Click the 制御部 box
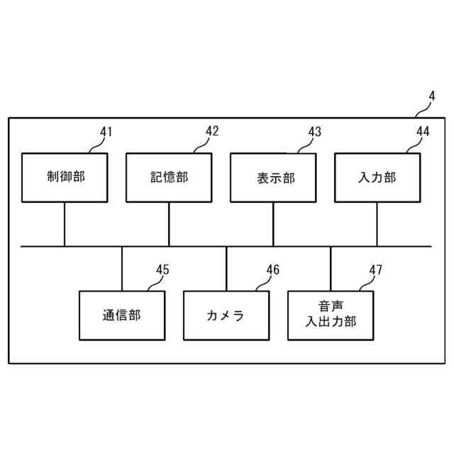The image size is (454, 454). pyautogui.click(x=65, y=177)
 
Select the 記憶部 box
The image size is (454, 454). pyautogui.click(x=169, y=177)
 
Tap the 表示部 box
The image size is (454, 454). pyautogui.click(x=273, y=177)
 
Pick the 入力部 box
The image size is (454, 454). pyautogui.click(x=377, y=177)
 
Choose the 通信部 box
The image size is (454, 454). pyautogui.click(x=121, y=315)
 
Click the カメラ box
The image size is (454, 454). pyautogui.click(x=226, y=315)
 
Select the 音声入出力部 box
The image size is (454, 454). pyautogui.click(x=331, y=315)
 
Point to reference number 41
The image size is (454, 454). pyautogui.click(x=106, y=132)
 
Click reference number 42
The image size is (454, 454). pyautogui.click(x=212, y=131)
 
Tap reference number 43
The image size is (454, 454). pyautogui.click(x=314, y=132)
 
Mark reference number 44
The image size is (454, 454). pyautogui.click(x=423, y=131)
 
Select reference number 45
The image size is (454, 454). pyautogui.click(x=162, y=270)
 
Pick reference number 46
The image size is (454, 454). pyautogui.click(x=273, y=270)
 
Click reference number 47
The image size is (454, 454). pyautogui.click(x=376, y=270)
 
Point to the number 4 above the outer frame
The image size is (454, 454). pyautogui.click(x=431, y=96)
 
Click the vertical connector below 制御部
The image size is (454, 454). pyautogui.click(x=65, y=224)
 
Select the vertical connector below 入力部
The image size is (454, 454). pyautogui.click(x=377, y=224)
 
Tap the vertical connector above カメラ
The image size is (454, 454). pyautogui.click(x=226, y=268)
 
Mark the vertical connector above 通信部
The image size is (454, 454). pyautogui.click(x=122, y=268)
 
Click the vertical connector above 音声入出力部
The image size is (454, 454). pyautogui.click(x=331, y=268)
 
